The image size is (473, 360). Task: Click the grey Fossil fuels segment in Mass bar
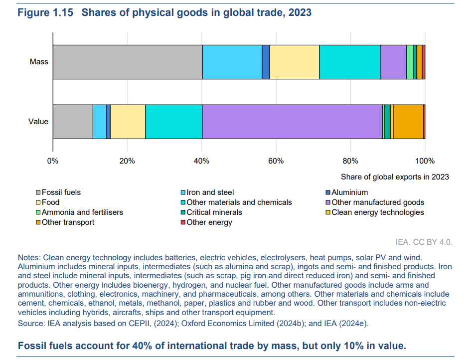127,62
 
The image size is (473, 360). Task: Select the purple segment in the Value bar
292,122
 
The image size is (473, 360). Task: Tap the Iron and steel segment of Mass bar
232,62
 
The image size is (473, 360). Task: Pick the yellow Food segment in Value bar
128,122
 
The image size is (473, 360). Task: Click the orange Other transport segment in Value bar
408,122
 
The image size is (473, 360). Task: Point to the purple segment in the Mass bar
393,62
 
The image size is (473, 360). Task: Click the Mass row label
39,62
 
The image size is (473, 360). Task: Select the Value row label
38,122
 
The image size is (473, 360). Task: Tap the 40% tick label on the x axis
201,161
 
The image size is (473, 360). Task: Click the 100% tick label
425,161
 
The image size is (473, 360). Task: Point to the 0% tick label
53,161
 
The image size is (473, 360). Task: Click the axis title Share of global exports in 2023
395,177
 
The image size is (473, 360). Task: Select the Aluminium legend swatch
327,192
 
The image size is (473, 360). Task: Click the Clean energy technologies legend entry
377,212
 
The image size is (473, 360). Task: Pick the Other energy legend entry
209,222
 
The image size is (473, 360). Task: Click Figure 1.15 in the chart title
46,12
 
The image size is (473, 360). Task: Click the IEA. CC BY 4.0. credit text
424,242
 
